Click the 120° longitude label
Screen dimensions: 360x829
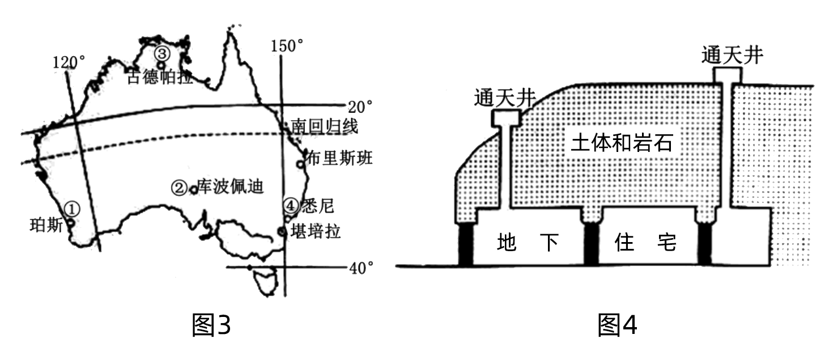click(x=70, y=61)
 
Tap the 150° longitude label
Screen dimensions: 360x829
click(x=288, y=46)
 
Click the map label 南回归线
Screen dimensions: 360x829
click(x=324, y=126)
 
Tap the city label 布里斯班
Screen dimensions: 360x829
click(x=339, y=158)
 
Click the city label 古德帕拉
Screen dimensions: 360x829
click(x=159, y=77)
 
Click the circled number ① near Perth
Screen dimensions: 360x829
click(x=72, y=209)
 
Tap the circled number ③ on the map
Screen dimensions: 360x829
click(x=161, y=53)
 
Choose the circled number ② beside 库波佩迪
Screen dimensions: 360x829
click(x=180, y=187)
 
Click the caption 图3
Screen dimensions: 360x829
click(x=212, y=325)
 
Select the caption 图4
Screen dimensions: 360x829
click(x=618, y=325)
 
